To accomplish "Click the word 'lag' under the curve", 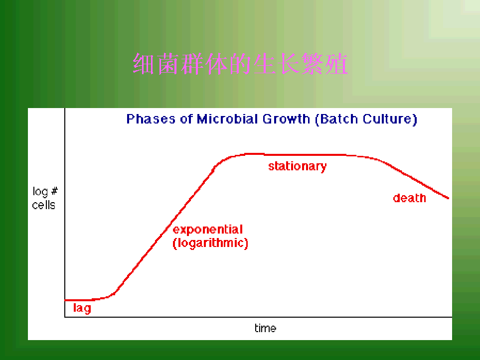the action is (x=82, y=308).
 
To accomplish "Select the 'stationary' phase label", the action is (x=297, y=166).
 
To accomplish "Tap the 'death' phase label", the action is (x=409, y=198).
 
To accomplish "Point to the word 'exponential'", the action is (x=208, y=230).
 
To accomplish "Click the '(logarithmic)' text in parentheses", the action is (x=210, y=243).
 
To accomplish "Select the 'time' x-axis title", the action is (x=265, y=328).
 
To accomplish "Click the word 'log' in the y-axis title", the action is (x=40, y=192).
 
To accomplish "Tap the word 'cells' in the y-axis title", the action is (x=43, y=205).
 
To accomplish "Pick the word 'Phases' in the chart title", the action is (x=151, y=119).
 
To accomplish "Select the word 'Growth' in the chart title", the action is (x=286, y=119).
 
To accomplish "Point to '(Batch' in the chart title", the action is (x=336, y=120).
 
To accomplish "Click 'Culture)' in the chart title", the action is (x=390, y=120).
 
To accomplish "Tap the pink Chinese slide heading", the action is (x=240, y=64).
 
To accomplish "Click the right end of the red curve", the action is (x=449, y=198).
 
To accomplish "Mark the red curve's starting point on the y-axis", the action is (x=65, y=300).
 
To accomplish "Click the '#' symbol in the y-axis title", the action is (x=54, y=191).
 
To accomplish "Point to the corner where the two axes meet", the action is (x=65, y=317).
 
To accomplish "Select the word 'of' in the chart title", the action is (x=186, y=119).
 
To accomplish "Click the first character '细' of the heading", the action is (x=143, y=64).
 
